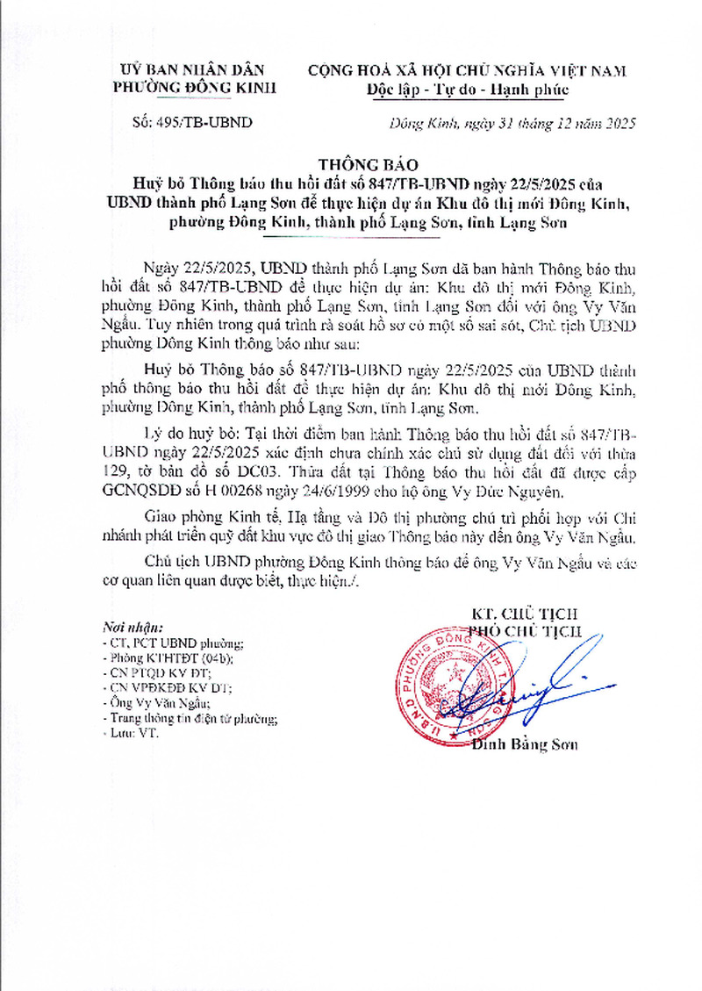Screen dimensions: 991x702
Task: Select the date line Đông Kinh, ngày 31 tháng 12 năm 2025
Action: click(512, 123)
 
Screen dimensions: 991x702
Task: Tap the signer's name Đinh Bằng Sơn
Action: click(525, 745)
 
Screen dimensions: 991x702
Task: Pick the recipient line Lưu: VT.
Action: click(129, 734)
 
